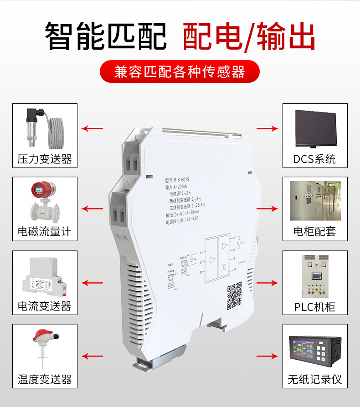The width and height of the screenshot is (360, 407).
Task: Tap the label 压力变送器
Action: pos(45,159)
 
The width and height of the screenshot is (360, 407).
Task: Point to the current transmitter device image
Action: pos(44,275)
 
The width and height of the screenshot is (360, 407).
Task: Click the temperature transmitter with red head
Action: pos(44,348)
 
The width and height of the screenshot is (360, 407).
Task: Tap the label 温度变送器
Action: pos(45,379)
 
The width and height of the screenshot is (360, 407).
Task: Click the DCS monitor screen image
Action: pos(315,128)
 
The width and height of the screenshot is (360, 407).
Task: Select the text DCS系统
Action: pos(315,159)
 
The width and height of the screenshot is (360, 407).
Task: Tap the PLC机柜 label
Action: pos(315,306)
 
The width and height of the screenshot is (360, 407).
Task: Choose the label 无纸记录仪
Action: pos(315,379)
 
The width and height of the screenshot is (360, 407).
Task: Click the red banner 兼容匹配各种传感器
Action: pos(180,71)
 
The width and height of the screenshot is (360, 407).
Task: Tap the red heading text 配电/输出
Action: pos(249,36)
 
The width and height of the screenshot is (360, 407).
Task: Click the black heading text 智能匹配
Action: pos(106,36)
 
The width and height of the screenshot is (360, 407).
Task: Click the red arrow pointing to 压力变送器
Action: pos(93,128)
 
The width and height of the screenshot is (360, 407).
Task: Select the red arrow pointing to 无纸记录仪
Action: pos(267,356)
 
